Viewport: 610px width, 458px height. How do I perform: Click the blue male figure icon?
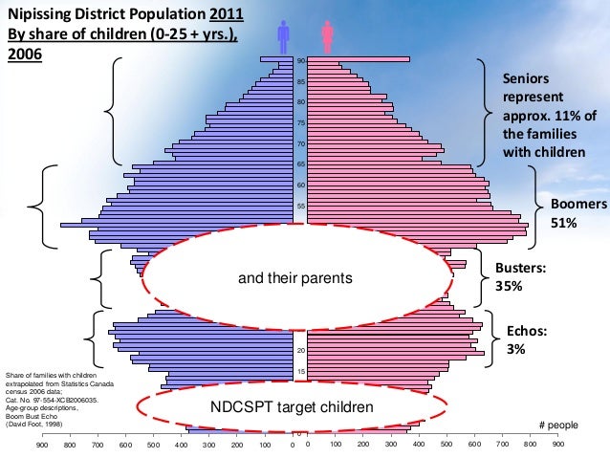click(x=282, y=37)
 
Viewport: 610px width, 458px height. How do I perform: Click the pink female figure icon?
click(x=327, y=37)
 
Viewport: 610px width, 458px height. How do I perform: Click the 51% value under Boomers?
click(x=563, y=223)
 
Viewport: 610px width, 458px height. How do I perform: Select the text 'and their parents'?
click(x=296, y=278)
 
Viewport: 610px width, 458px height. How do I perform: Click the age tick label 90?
click(x=300, y=61)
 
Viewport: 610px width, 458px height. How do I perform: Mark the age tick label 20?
click(x=300, y=351)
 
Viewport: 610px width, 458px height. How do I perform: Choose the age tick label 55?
click(x=300, y=206)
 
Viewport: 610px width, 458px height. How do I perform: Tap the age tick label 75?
click(x=300, y=123)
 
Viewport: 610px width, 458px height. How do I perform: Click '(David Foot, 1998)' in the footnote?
click(x=36, y=424)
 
